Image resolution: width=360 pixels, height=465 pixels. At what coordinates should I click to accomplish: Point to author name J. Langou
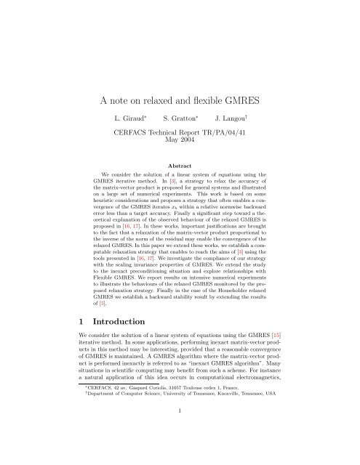point(238,116)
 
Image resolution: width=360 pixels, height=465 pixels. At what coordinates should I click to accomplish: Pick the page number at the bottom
point(180,450)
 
